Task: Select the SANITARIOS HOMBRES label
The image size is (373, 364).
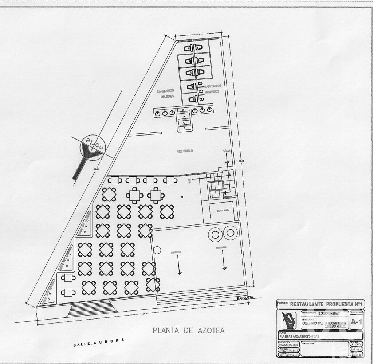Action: pos(212,89)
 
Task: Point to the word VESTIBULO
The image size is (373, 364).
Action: pos(185,151)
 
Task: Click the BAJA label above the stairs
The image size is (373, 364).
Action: pos(226,150)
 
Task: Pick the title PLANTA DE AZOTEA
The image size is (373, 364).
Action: pos(188,330)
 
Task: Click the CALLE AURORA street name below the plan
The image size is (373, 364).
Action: pos(98,343)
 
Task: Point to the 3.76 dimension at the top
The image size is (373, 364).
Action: pos(199,34)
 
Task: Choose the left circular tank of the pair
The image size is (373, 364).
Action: pos(215,234)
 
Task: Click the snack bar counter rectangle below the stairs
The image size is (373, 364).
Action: pos(222,211)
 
